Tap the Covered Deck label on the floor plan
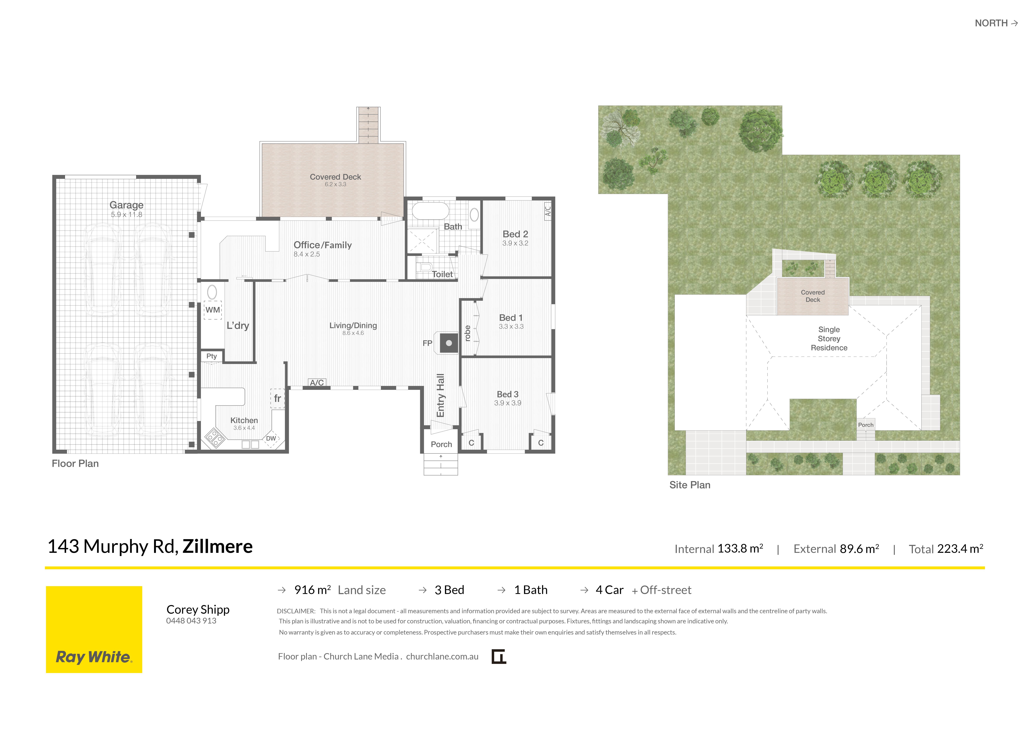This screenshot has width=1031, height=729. point(335,177)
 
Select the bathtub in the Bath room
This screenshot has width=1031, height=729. point(430,211)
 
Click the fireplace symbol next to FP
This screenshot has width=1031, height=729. point(449,343)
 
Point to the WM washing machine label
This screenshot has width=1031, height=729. point(213,310)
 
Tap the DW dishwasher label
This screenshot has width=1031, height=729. point(271,438)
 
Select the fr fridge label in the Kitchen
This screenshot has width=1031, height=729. point(277,398)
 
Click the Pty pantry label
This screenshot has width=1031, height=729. point(211,356)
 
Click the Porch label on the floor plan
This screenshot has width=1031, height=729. point(441,444)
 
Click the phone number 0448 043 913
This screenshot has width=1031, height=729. point(191,621)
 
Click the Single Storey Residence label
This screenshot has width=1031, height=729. point(829,339)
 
